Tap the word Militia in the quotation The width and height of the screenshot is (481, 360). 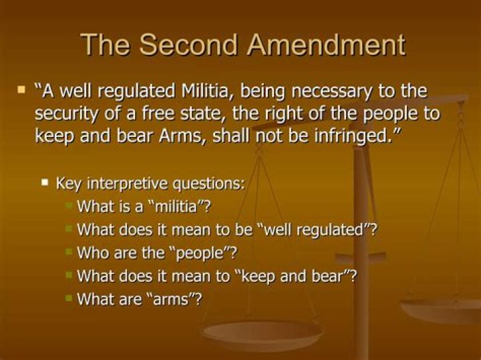(x=212, y=91)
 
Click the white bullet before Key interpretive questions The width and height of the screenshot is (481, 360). (x=45, y=182)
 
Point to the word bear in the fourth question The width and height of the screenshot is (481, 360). (x=326, y=277)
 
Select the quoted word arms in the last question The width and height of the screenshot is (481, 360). (x=173, y=299)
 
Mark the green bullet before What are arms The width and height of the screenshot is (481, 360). (x=68, y=299)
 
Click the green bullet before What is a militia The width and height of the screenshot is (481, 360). (x=68, y=205)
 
